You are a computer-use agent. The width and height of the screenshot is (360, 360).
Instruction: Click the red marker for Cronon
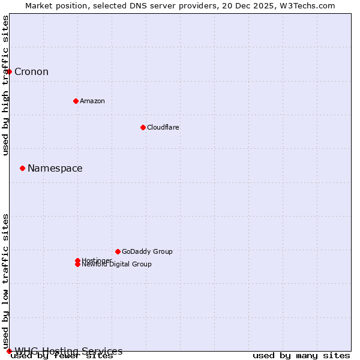[x=9, y=72]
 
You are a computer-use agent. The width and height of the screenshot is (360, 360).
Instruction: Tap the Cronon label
[x=31, y=72]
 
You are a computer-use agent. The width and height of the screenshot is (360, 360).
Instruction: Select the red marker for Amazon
[x=76, y=101]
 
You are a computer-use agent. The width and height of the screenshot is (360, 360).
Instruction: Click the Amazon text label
[x=92, y=101]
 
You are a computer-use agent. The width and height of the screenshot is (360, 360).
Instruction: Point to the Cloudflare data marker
[x=143, y=127]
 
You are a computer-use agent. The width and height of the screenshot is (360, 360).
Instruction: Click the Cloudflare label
[x=163, y=127]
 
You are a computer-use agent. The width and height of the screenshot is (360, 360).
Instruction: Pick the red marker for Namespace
[x=22, y=168]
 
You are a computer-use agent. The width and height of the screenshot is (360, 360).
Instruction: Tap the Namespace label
[x=55, y=169]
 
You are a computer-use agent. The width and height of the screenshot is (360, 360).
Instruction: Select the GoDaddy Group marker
[x=118, y=251]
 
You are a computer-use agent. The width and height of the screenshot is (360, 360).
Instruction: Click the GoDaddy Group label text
[x=147, y=251]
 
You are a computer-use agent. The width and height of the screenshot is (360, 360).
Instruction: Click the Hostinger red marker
[x=77, y=260]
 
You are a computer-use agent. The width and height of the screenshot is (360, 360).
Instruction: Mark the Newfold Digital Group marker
[x=77, y=265]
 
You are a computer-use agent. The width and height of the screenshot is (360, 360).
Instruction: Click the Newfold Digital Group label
[x=117, y=265]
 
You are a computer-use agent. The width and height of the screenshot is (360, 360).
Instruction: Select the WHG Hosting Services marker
[x=9, y=351]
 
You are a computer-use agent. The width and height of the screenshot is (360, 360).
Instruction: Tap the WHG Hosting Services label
[x=68, y=351]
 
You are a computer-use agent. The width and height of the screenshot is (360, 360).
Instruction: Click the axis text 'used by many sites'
[x=301, y=356]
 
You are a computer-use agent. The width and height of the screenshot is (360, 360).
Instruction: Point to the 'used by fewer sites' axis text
[x=62, y=356]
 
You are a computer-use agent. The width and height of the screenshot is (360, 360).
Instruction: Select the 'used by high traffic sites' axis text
[x=6, y=85]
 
